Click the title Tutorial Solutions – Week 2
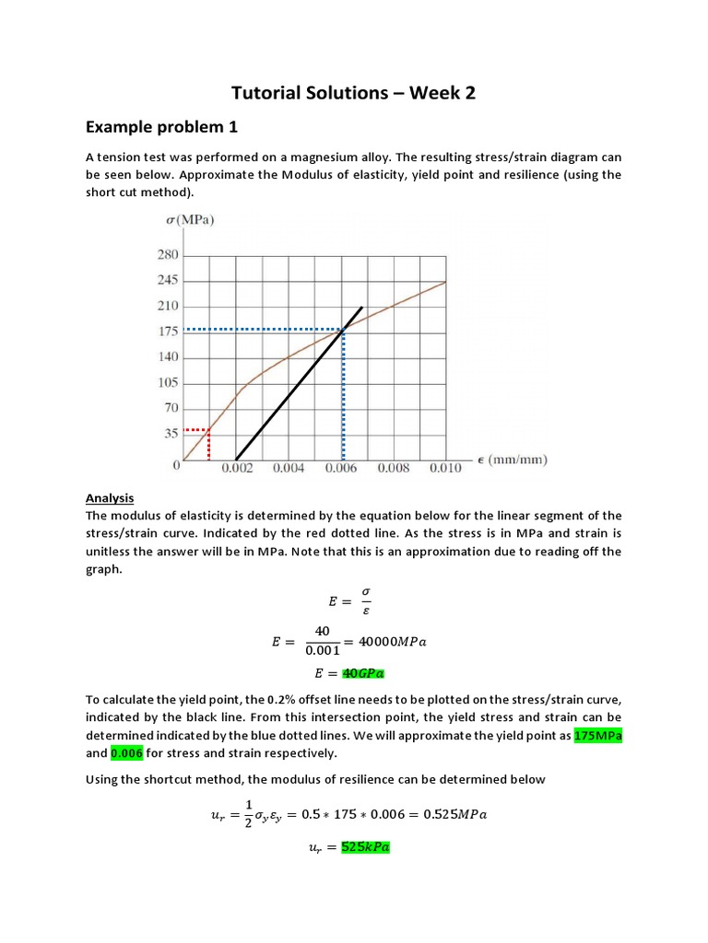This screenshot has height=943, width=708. (x=354, y=92)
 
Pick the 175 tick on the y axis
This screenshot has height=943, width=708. (x=166, y=332)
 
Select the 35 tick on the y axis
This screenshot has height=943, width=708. (x=170, y=434)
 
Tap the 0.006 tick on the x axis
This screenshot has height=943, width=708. (x=342, y=468)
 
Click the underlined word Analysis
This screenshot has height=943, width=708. (x=110, y=498)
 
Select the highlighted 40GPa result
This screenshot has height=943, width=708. (x=365, y=672)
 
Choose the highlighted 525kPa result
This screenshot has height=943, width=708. (x=365, y=847)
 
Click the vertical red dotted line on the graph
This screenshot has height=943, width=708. (x=209, y=446)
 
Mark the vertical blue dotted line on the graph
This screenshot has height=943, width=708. (x=343, y=396)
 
